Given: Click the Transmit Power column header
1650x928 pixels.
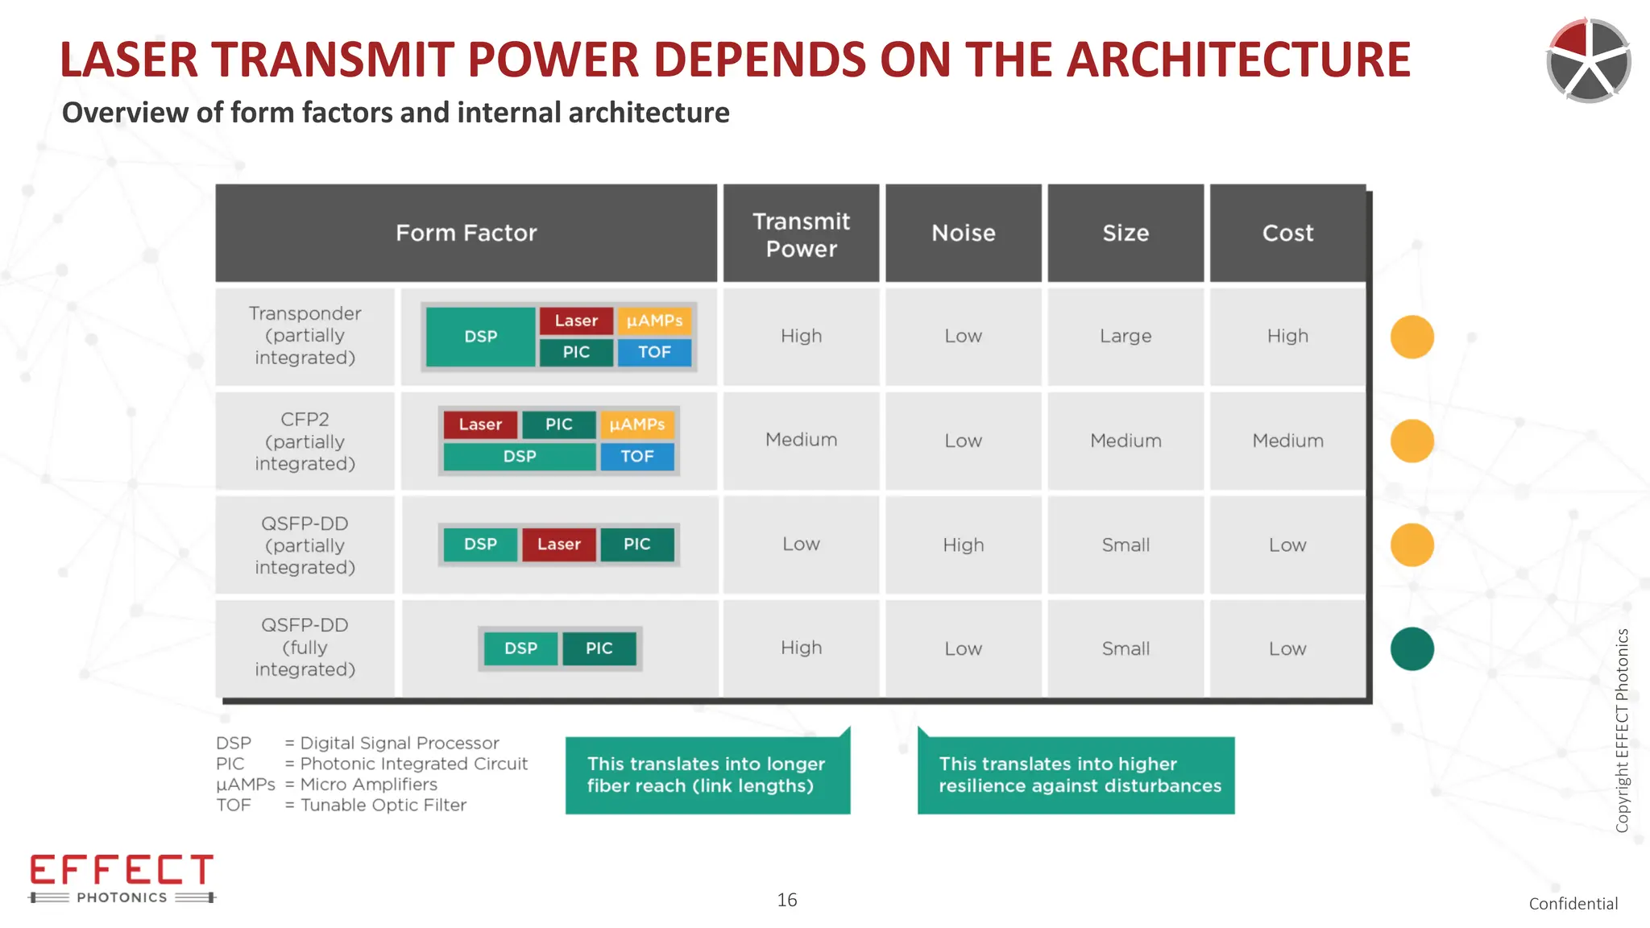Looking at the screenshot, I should point(801,234).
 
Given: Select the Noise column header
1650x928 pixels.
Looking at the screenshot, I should point(963,234).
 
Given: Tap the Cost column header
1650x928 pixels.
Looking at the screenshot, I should point(1287,234).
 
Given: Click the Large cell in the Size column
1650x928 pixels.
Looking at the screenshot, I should point(1126,336).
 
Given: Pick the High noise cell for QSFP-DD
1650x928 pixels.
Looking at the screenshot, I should point(963,545).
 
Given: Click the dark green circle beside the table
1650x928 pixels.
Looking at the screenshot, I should point(1412,648).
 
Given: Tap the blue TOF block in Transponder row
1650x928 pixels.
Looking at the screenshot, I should point(654,352).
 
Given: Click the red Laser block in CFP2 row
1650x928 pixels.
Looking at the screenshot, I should point(480,425).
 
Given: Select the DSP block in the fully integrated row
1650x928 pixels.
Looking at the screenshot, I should point(520,648).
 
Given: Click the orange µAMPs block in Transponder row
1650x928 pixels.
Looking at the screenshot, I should point(654,321).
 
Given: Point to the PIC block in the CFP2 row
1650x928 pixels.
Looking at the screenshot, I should point(558,425).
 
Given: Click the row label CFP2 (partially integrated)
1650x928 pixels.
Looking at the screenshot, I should point(305,441).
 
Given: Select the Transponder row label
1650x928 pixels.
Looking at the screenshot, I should point(305,335).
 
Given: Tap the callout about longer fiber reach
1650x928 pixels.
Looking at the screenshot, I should point(707,775).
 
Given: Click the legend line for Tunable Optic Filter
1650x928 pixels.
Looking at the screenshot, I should point(341,805).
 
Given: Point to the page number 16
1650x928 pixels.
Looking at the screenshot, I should point(786,900).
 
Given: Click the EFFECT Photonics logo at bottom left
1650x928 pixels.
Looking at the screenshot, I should point(122,878).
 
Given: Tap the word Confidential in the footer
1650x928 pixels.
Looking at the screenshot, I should point(1573,904).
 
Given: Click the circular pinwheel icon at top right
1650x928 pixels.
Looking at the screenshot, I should point(1588,60).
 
